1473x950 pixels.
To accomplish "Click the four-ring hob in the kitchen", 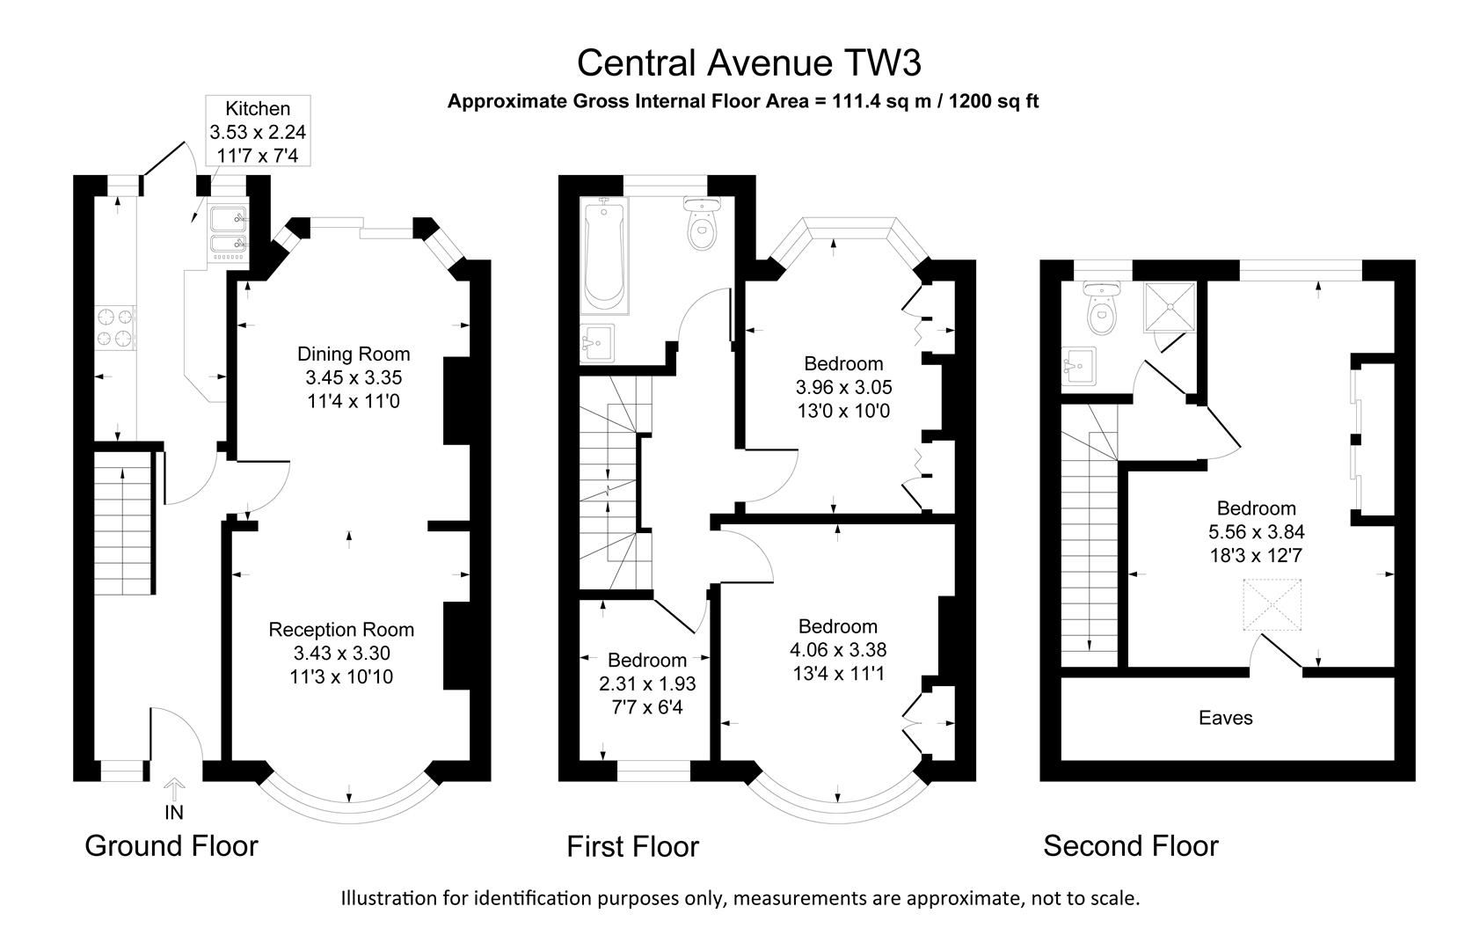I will tap(115, 326).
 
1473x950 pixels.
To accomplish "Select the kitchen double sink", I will tap(229, 233).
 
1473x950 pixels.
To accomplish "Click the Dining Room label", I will tap(354, 354).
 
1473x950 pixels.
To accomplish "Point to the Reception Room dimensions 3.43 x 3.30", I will tap(341, 654).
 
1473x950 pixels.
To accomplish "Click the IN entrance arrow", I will tap(174, 788).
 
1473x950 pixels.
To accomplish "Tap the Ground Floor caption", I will tap(171, 846).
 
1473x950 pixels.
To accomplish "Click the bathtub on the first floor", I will tap(605, 255).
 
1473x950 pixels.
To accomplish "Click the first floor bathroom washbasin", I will tap(599, 341).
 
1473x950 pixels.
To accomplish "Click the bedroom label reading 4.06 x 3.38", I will tap(837, 650).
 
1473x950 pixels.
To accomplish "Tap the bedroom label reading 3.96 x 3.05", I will tap(843, 387).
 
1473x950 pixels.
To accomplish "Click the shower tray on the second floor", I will tap(1170, 306).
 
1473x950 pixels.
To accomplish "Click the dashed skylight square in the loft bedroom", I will tap(1272, 605).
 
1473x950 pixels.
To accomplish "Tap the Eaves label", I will tap(1225, 719).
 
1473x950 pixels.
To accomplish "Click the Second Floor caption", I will tap(1131, 846).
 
